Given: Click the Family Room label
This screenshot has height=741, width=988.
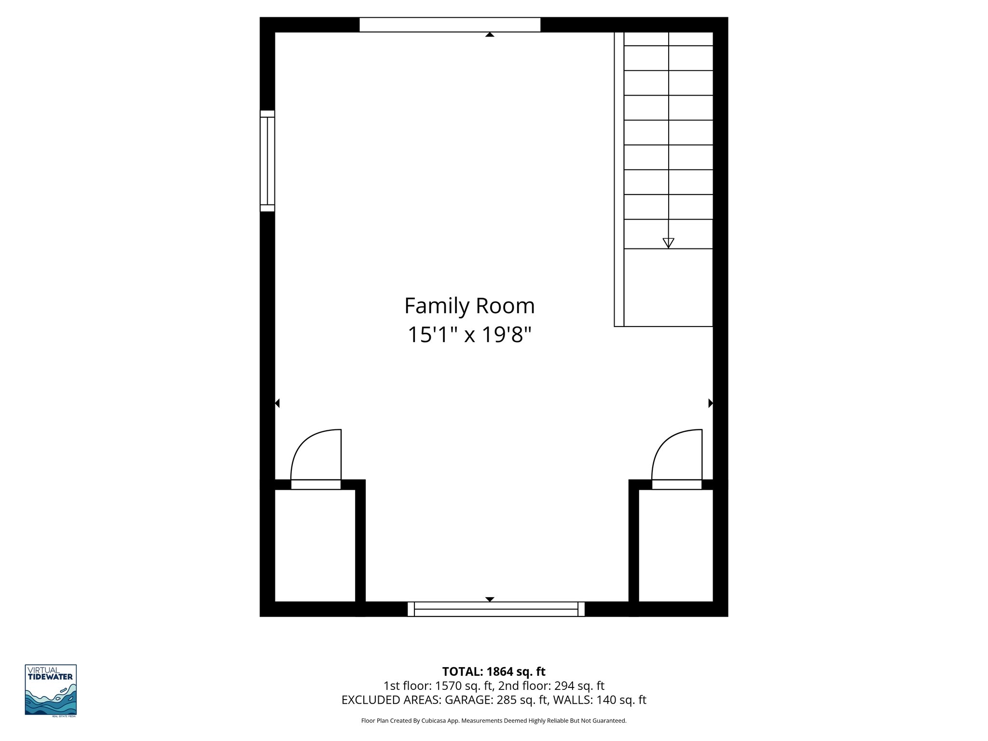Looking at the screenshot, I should (x=469, y=306).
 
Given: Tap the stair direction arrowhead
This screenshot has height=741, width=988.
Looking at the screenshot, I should (x=668, y=243).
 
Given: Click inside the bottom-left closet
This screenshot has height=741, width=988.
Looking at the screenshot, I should (x=315, y=545).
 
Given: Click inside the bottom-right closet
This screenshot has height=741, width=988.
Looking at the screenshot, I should (x=676, y=545).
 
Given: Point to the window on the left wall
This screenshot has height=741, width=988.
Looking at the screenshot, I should (x=267, y=161).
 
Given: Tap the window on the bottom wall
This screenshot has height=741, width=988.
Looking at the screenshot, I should (x=496, y=609).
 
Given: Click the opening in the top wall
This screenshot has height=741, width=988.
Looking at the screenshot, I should (x=450, y=25).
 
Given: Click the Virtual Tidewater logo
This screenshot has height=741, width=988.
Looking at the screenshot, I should (x=51, y=690).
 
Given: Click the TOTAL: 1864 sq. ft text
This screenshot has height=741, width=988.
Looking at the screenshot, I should (x=494, y=672).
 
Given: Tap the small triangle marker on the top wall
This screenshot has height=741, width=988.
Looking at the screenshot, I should (x=490, y=35).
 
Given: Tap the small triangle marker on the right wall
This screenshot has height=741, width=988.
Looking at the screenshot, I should (x=710, y=403).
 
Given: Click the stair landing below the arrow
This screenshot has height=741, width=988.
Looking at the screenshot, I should (x=668, y=288).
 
